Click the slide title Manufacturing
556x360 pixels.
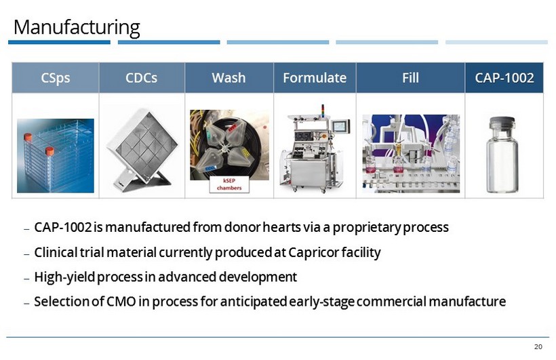pyautogui.click(x=77, y=28)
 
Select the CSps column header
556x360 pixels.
pyautogui.click(x=55, y=78)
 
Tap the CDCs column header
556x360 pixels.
pyautogui.click(x=141, y=78)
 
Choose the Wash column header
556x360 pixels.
pyautogui.click(x=229, y=78)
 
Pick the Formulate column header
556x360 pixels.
pyautogui.click(x=314, y=78)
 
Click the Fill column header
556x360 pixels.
pyautogui.click(x=410, y=78)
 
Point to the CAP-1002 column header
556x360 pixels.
pyautogui.click(x=504, y=78)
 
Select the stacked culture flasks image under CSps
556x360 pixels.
pyautogui.click(x=55, y=155)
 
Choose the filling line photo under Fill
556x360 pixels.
pyautogui.click(x=410, y=153)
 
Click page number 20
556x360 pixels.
pyautogui.click(x=538, y=347)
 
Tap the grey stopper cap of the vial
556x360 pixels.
pyautogui.click(x=503, y=123)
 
